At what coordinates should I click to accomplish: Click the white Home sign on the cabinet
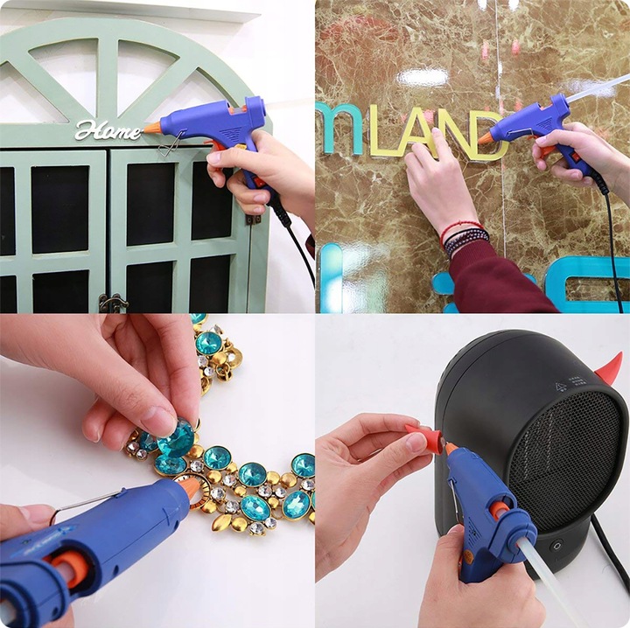point(107,130)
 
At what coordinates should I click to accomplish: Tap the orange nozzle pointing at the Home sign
point(153,128)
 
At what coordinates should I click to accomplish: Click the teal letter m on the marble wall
point(339,129)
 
